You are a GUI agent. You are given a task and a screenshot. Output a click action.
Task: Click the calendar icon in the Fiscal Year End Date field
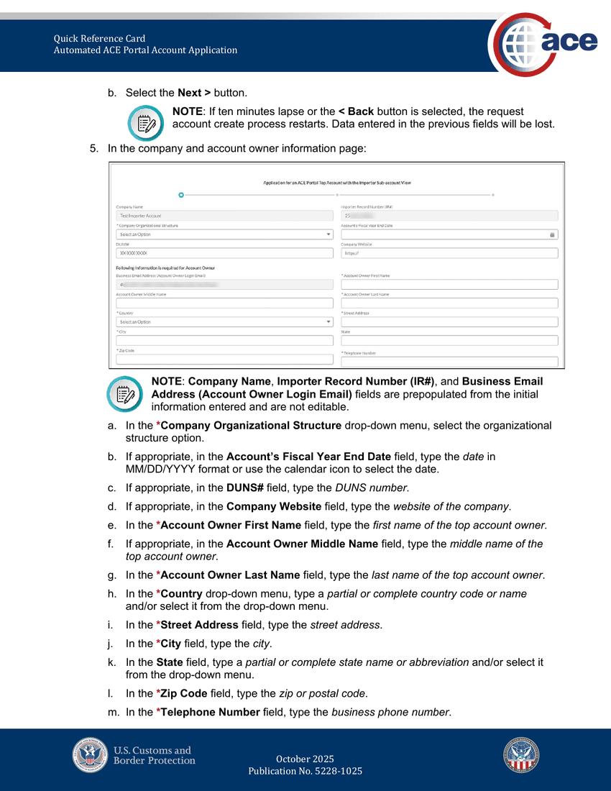coord(552,234)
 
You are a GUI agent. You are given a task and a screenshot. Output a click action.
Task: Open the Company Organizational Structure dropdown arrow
coord(329,234)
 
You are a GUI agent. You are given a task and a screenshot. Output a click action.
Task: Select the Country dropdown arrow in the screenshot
coord(329,322)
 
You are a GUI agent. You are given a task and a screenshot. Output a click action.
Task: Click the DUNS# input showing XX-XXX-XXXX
coord(224,253)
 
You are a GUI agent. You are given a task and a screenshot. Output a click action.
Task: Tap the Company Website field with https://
coord(449,253)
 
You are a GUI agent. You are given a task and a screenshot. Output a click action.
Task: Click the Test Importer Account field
coord(224,216)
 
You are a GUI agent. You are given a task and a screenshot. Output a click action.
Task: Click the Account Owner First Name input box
coord(449,285)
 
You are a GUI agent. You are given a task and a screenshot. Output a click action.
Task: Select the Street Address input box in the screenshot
coord(449,322)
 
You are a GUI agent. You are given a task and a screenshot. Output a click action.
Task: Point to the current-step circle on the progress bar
coord(181,194)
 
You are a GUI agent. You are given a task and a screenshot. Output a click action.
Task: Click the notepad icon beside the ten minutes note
coord(146,123)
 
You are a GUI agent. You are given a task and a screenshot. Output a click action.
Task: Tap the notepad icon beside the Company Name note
coord(125,393)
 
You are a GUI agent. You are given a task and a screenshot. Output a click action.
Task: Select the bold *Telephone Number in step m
coord(208,713)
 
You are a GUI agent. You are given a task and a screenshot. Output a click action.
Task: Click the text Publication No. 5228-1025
coord(305,771)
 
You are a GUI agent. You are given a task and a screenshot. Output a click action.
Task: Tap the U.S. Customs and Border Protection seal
coord(90,755)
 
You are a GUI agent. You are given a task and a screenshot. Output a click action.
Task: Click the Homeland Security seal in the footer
coord(521,755)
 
